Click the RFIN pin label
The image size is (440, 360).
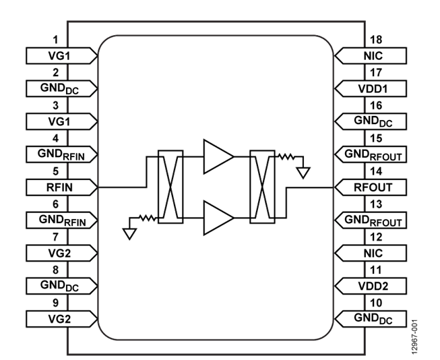point(57,186)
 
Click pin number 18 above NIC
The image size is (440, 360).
point(375,41)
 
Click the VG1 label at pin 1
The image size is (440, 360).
point(57,55)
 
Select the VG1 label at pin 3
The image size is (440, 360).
point(57,121)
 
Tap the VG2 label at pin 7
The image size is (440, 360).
point(57,252)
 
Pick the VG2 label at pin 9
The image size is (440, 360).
point(57,318)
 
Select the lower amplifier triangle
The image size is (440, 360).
point(217,218)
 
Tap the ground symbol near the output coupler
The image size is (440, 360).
point(304,172)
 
